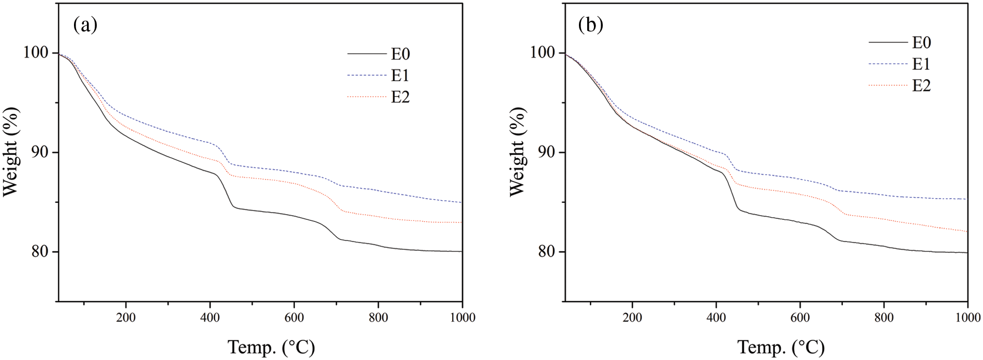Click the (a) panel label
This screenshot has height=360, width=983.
[85, 25]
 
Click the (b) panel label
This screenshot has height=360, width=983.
[591, 25]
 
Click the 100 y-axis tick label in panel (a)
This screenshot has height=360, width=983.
[37, 53]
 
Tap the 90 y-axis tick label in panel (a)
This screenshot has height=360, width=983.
[41, 153]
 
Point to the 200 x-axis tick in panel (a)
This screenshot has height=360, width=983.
[126, 318]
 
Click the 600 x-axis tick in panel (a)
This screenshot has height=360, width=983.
[294, 318]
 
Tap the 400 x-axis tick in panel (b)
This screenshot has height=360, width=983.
[716, 318]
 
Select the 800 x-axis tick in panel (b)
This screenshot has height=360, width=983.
[884, 318]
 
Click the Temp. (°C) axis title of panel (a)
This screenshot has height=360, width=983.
[271, 347]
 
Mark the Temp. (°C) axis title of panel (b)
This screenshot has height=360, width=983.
[781, 347]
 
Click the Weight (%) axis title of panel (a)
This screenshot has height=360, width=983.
[11, 152]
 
